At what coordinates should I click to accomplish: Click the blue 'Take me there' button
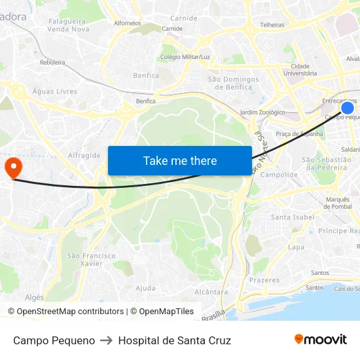(x=180, y=160)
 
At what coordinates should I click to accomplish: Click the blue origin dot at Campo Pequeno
(x=348, y=108)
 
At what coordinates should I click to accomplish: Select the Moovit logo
(x=321, y=339)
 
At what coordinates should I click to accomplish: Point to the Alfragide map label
(x=84, y=156)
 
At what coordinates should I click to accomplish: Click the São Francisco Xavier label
(x=90, y=260)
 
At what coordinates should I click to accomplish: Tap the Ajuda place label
(x=145, y=288)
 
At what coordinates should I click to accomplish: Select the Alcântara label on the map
(x=211, y=292)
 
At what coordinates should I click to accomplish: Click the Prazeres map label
(x=264, y=280)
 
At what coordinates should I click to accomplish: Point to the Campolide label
(x=279, y=175)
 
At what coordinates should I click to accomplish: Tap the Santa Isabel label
(x=293, y=217)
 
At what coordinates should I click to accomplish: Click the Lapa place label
(x=296, y=247)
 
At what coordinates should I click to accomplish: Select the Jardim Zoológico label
(x=262, y=113)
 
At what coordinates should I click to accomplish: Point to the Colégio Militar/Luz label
(x=185, y=57)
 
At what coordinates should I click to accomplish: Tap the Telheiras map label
(x=272, y=25)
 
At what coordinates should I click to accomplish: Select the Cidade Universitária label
(x=300, y=69)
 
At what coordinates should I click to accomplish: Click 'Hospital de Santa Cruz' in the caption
(x=174, y=340)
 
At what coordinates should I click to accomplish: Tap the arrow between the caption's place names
(x=106, y=340)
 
